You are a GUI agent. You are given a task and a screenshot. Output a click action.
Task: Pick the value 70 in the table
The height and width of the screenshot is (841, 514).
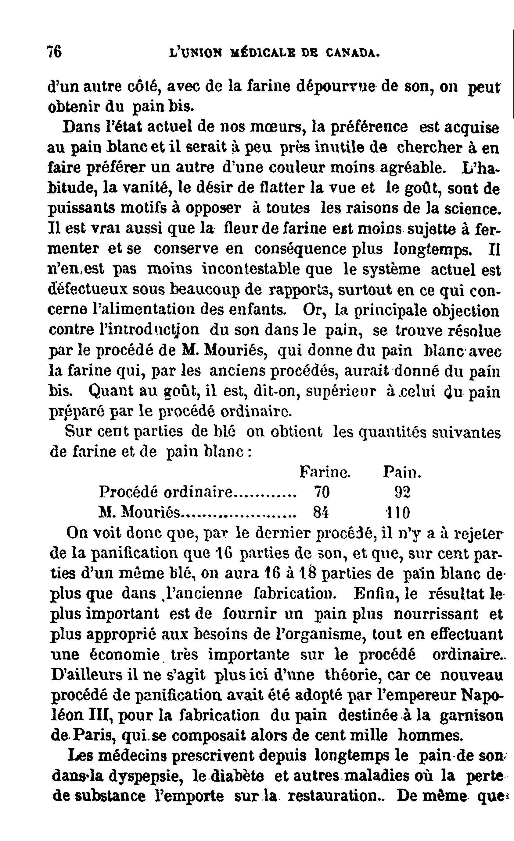[322, 492]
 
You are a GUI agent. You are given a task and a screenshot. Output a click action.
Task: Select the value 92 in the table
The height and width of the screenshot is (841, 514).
[402, 492]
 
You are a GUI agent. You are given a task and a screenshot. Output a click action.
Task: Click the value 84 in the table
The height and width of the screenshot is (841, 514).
[321, 512]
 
